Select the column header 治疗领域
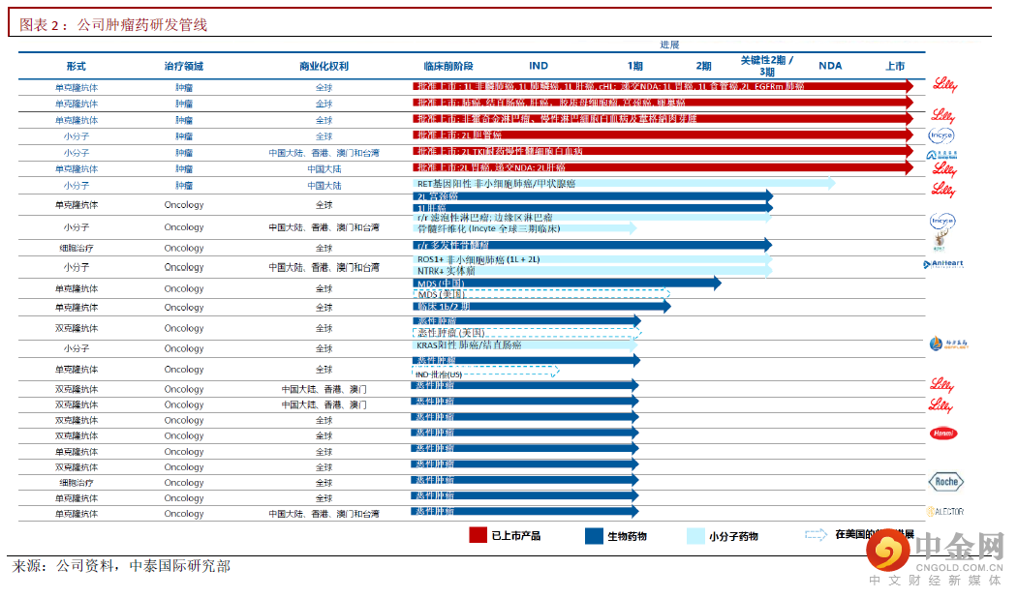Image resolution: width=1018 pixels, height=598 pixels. (184, 66)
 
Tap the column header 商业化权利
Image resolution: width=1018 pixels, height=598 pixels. (324, 66)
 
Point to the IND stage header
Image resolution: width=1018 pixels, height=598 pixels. (539, 66)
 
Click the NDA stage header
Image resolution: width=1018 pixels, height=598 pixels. (830, 66)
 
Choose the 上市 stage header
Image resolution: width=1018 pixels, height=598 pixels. (895, 66)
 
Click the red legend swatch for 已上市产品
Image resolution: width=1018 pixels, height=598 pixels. (478, 535)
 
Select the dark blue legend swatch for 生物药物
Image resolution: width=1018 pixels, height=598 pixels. (594, 535)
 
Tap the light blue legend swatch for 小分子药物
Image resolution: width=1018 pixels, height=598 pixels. (695, 535)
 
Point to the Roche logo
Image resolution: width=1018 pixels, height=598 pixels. (946, 481)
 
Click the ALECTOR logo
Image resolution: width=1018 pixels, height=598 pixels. (945, 511)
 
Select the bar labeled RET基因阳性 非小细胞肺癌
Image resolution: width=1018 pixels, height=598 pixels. (620, 183)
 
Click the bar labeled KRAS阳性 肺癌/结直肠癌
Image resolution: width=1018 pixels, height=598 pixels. (523, 344)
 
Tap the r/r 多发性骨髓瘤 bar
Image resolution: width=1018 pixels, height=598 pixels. (591, 245)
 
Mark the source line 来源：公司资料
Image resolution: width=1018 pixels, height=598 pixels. (120, 566)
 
